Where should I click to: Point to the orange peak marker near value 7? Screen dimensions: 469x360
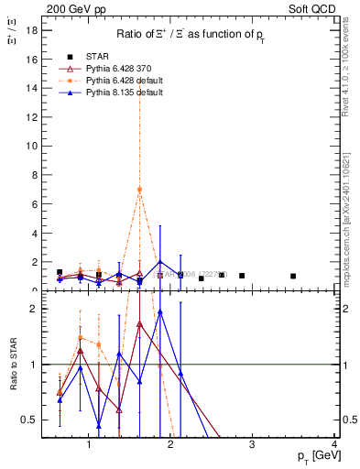coord(139,190)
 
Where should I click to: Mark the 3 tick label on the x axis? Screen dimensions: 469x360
coord(253,445)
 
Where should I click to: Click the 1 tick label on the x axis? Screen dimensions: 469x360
coord(89,445)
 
